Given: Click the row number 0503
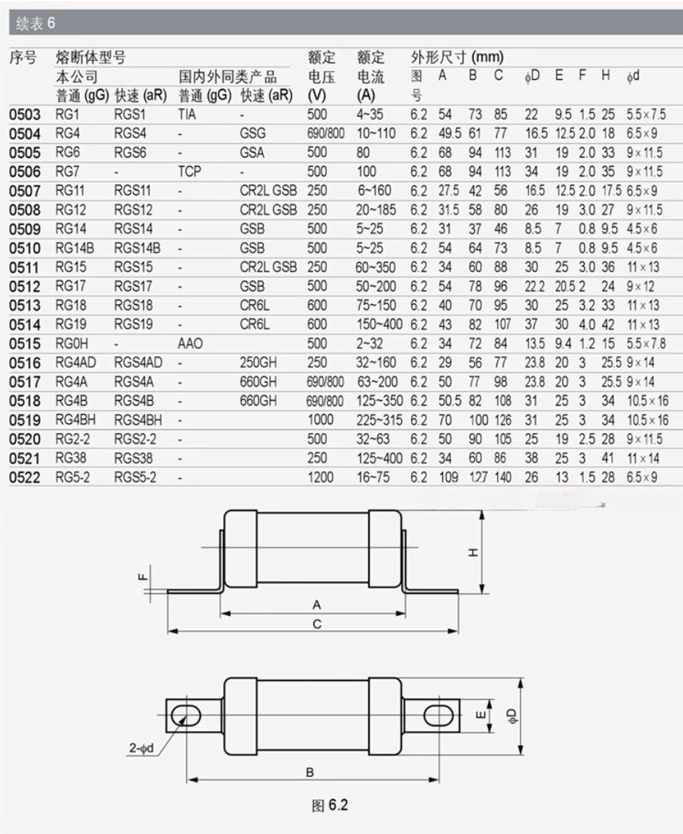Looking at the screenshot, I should pyautogui.click(x=24, y=115).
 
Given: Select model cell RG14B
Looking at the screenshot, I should pyautogui.click(x=73, y=248).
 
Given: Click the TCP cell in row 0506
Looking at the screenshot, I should pyautogui.click(x=189, y=172).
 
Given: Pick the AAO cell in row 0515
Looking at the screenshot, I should pyautogui.click(x=190, y=344).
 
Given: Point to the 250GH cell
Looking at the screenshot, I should pyautogui.click(x=258, y=363).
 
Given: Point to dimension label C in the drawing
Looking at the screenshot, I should pyautogui.click(x=317, y=624).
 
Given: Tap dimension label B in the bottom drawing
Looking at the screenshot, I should pyautogui.click(x=310, y=772).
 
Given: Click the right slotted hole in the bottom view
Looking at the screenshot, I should pyautogui.click(x=437, y=716).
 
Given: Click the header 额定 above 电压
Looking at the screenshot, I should pyautogui.click(x=322, y=57).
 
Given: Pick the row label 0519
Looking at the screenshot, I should pyautogui.click(x=24, y=420).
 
